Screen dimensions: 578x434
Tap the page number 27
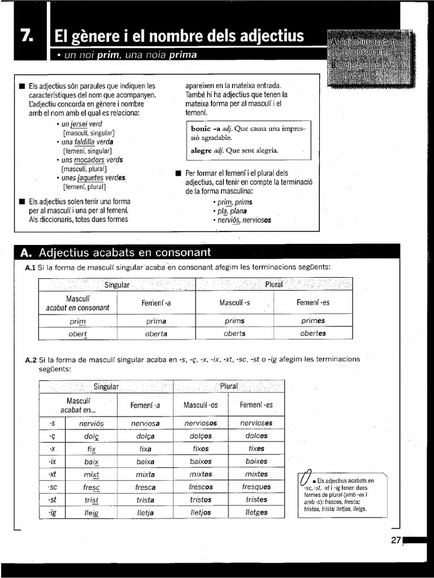pyautogui.click(x=396, y=540)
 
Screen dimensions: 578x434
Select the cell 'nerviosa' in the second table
pyautogui.click(x=145, y=423)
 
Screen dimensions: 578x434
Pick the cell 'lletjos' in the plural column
pyautogui.click(x=200, y=513)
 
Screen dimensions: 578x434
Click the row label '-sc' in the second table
pyautogui.click(x=52, y=487)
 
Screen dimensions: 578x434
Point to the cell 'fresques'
pyautogui.click(x=256, y=487)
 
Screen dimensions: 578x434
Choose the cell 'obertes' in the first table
pyautogui.click(x=313, y=333)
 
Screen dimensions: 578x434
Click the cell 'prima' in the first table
pyautogui.click(x=156, y=321)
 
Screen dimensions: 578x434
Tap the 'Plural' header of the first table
pyautogui.click(x=274, y=284)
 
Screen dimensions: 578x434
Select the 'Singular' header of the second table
pyautogui.click(x=106, y=387)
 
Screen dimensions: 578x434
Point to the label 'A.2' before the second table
pyautogui.click(x=31, y=359)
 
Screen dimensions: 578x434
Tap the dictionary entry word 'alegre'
pyautogui.click(x=201, y=150)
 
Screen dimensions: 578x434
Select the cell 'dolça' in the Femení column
pyautogui.click(x=145, y=436)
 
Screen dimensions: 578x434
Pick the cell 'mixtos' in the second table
pyautogui.click(x=200, y=475)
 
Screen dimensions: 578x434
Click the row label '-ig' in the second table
pyautogui.click(x=52, y=513)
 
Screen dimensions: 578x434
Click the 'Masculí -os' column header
pyautogui.click(x=200, y=405)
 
